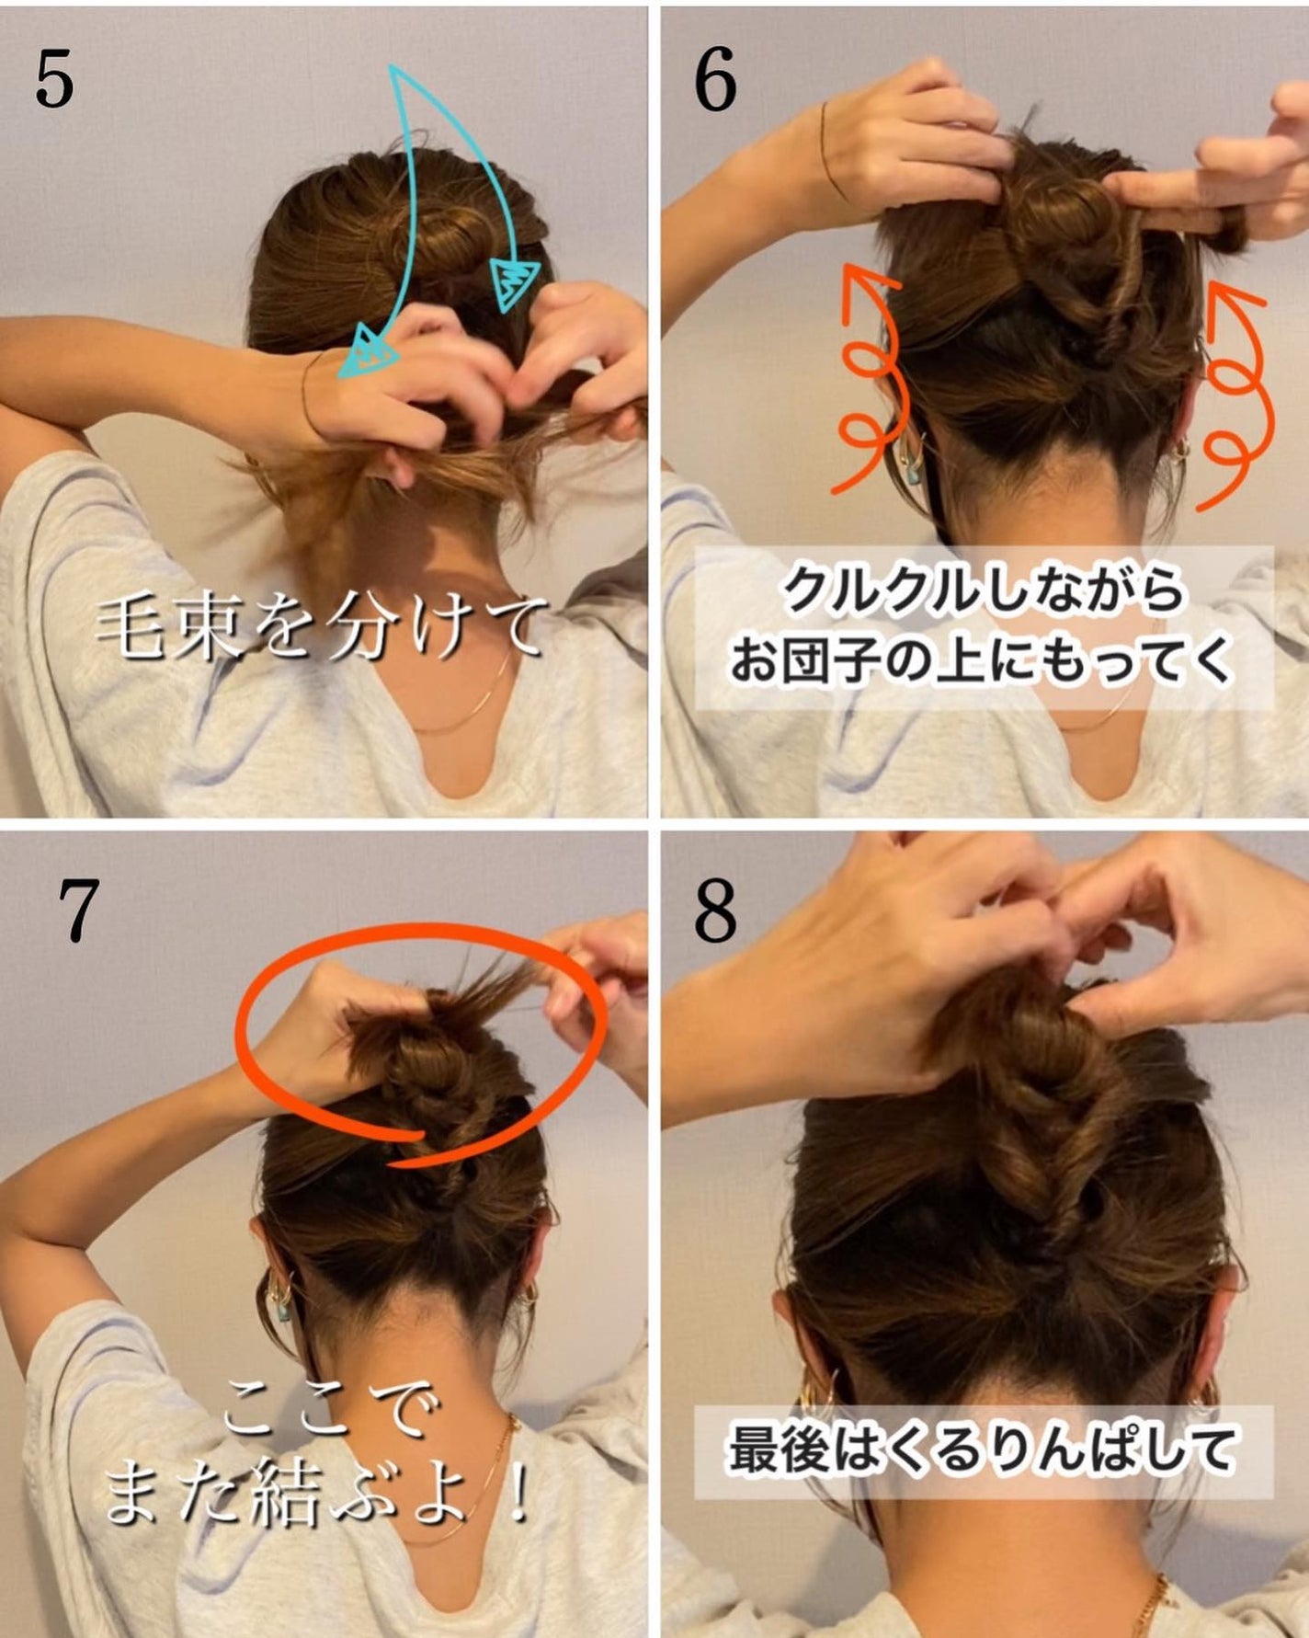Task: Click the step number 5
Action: pos(53,81)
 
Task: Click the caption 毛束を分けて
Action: pos(317,630)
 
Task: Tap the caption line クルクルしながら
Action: pos(982,590)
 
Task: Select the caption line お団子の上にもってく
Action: pos(982,659)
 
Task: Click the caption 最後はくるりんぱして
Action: pos(982,1451)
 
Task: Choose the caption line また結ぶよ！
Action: pos(317,1497)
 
